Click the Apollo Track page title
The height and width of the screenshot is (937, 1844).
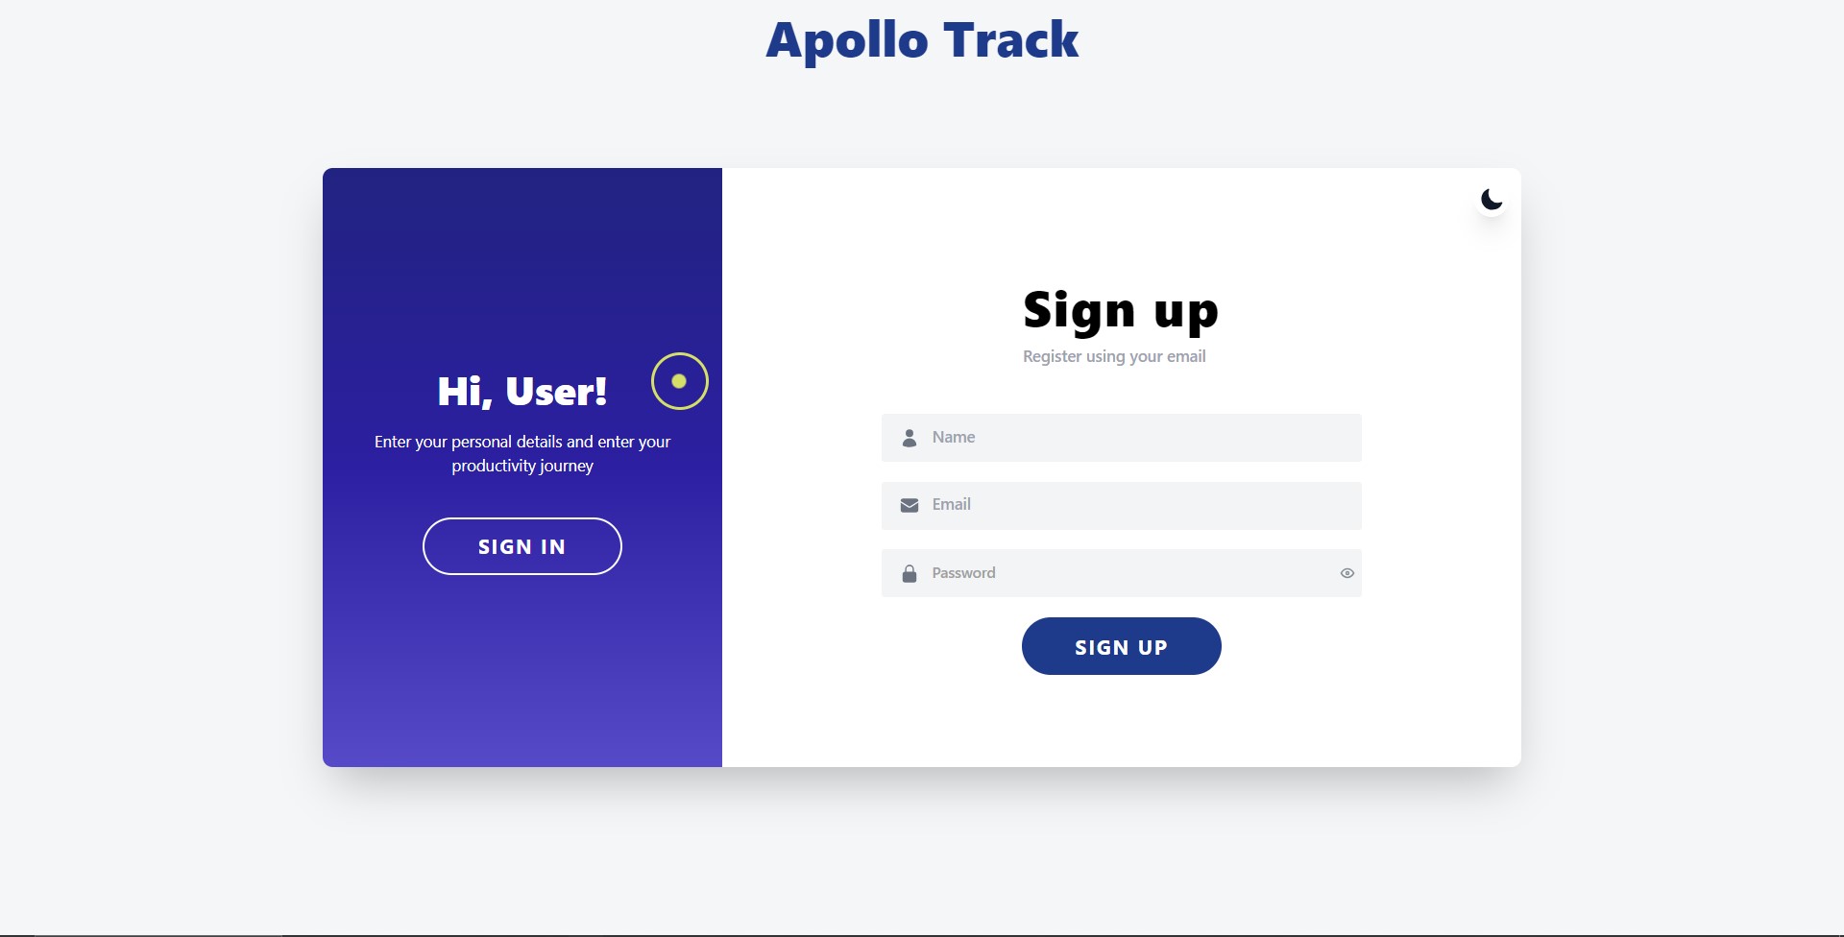(x=922, y=41)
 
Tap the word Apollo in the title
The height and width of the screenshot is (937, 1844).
(x=847, y=41)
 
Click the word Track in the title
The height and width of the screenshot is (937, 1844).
(x=1011, y=39)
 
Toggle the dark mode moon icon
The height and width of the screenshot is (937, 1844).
(x=1492, y=200)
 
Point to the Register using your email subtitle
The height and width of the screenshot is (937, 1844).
(x=1114, y=356)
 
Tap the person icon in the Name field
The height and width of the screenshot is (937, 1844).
(x=910, y=438)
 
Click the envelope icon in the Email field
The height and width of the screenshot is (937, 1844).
(x=910, y=506)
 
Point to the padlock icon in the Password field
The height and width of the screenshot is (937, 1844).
(x=910, y=574)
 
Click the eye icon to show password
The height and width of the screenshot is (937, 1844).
(x=1347, y=573)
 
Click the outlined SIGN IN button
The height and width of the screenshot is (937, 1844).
(x=522, y=546)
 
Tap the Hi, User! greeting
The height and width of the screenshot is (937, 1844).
(x=522, y=392)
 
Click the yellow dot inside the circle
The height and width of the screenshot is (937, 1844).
(x=679, y=381)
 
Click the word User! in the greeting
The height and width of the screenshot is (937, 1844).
(x=556, y=391)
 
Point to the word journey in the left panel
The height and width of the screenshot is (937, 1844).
(x=569, y=467)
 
